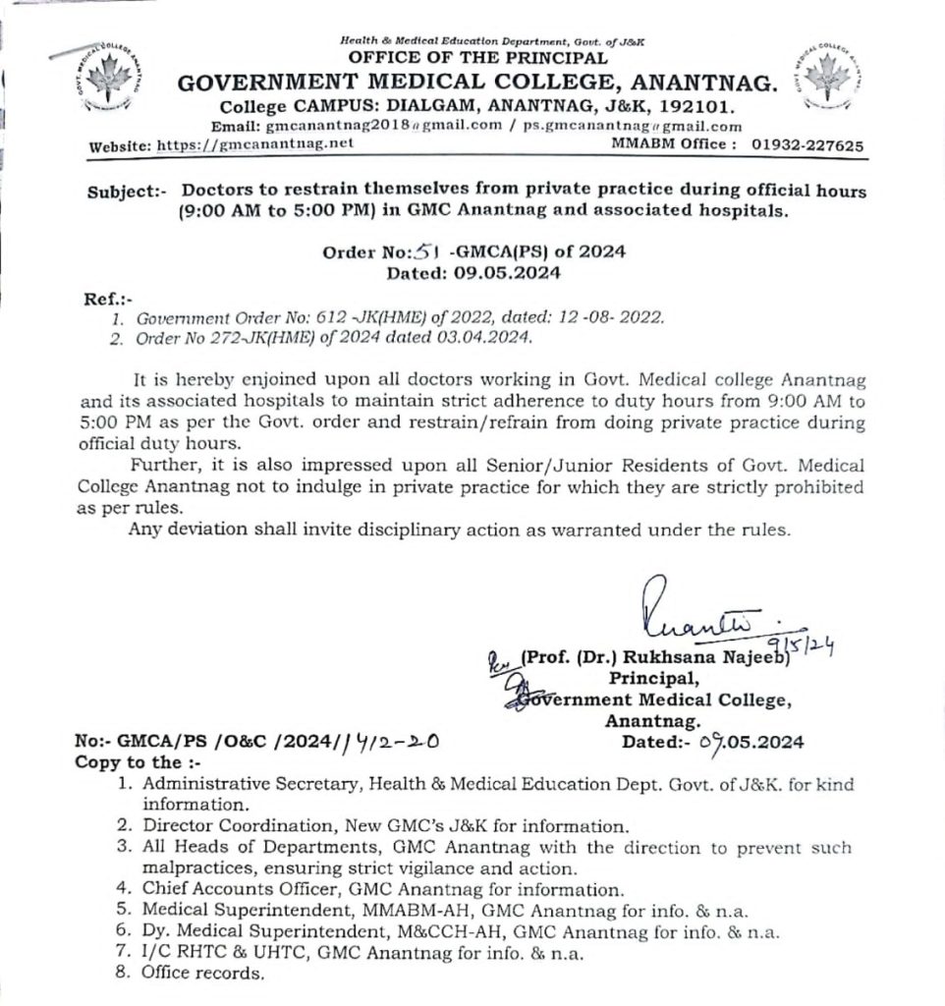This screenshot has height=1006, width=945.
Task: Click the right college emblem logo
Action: pos(827,73)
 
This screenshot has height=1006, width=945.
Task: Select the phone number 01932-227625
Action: pos(807,144)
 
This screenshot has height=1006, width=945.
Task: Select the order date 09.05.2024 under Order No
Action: pos(504,273)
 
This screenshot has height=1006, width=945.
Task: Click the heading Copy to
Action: pos(128,762)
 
